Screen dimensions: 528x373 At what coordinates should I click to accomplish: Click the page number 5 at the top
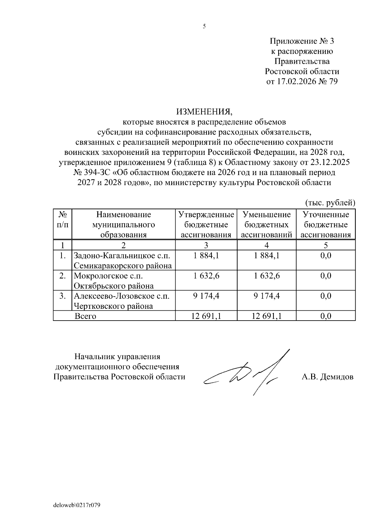pyautogui.click(x=204, y=27)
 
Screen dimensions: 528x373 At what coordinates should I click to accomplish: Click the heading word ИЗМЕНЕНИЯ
pyautogui.click(x=204, y=111)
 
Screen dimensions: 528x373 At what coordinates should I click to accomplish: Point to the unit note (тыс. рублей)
pyautogui.click(x=330, y=203)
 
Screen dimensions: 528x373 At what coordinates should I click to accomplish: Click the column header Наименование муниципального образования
pyautogui.click(x=123, y=225)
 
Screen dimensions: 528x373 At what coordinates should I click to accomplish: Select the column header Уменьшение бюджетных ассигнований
pyautogui.click(x=266, y=225)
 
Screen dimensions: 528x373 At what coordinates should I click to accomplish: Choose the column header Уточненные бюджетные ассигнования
pyautogui.click(x=325, y=225)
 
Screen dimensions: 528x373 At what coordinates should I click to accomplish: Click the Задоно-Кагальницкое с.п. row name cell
pyautogui.click(x=123, y=261)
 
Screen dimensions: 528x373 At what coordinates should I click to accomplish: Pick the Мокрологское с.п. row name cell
pyautogui.click(x=114, y=280)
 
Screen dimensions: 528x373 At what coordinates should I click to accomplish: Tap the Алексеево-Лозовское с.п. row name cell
pyautogui.click(x=122, y=301)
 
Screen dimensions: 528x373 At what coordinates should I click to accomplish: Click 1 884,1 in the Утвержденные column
pyautogui.click(x=206, y=256)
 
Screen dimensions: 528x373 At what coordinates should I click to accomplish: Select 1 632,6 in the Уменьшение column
pyautogui.click(x=267, y=276)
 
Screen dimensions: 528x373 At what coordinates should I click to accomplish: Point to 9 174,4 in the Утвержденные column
pyautogui.click(x=206, y=296)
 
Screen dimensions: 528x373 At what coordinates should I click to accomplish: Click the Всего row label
pyautogui.click(x=85, y=316)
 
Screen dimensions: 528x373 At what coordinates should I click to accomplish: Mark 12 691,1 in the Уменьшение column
pyautogui.click(x=267, y=316)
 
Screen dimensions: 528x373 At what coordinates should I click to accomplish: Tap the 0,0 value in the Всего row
pyautogui.click(x=325, y=316)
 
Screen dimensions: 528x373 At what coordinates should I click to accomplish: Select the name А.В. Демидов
pyautogui.click(x=327, y=377)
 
